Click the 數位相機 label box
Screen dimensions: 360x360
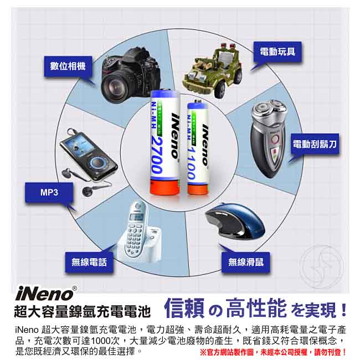tap(68, 66)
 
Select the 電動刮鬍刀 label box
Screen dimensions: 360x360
tap(315, 144)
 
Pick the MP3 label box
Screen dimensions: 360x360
tap(49, 193)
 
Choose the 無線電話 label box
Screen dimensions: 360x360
tap(89, 261)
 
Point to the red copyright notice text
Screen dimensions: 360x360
tap(272, 352)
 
